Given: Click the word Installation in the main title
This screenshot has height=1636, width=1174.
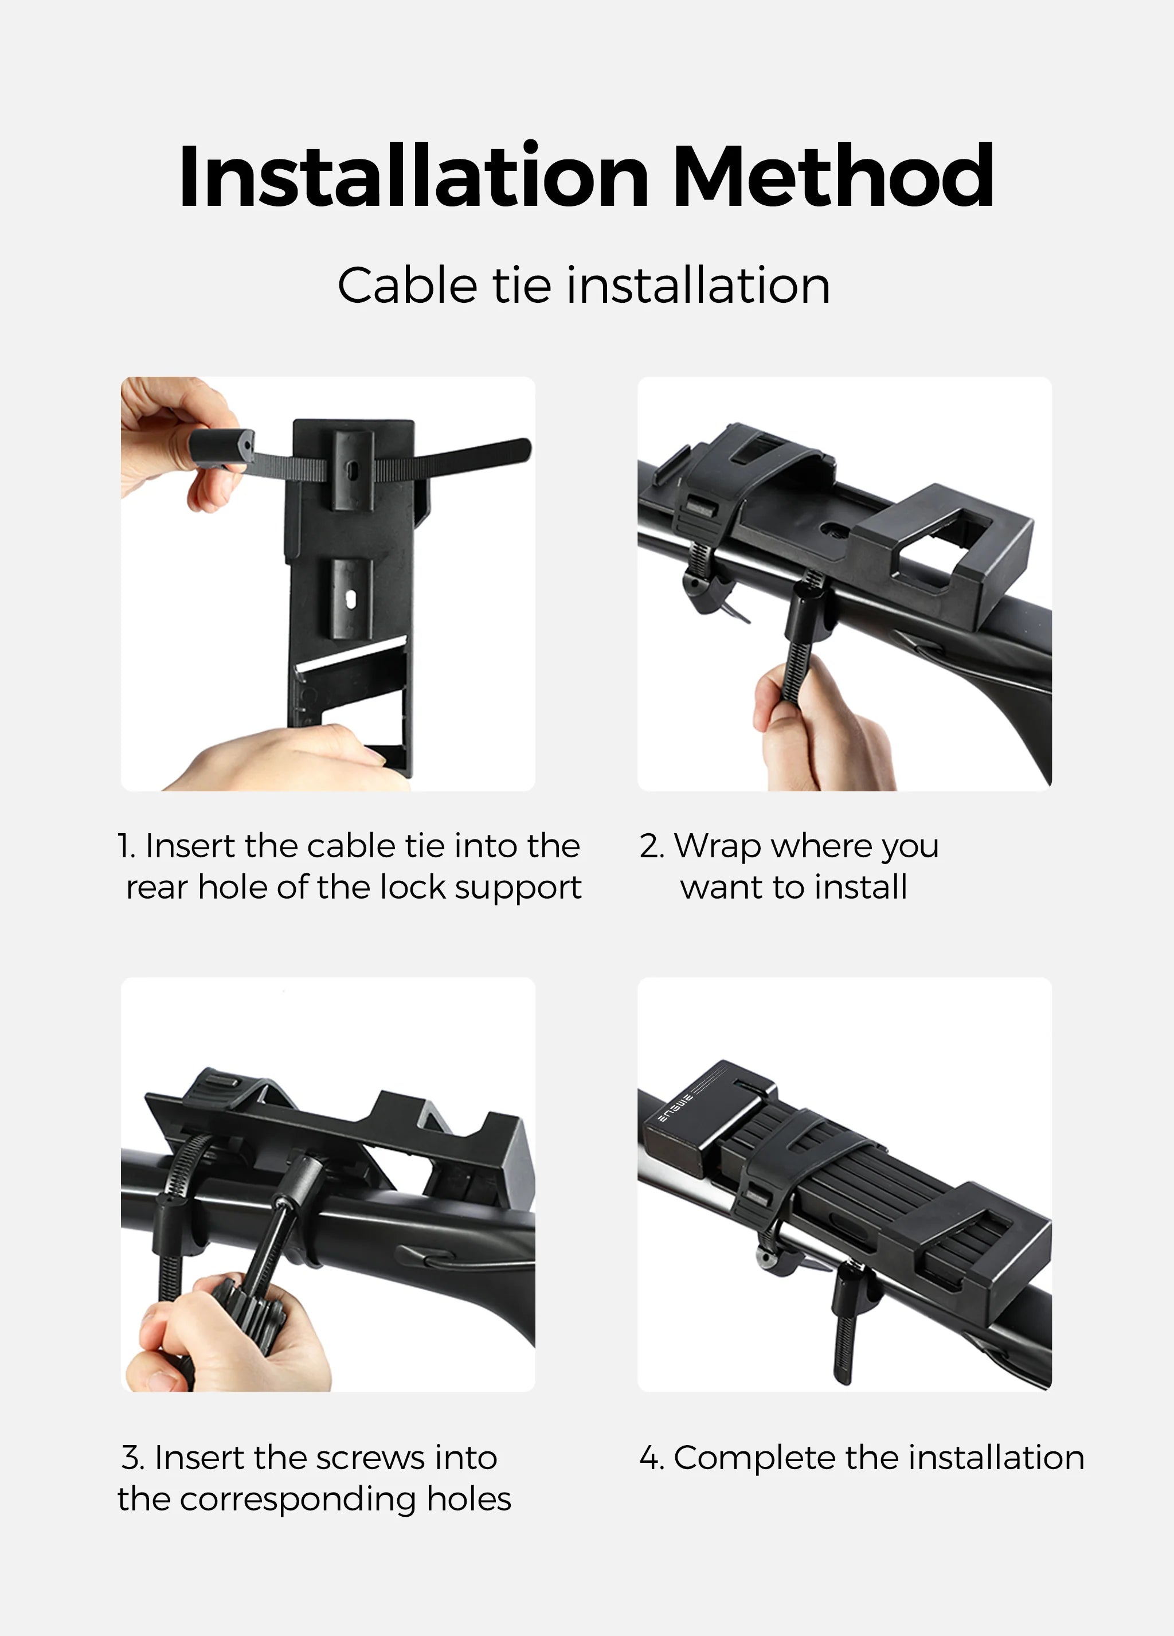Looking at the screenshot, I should click(x=413, y=177).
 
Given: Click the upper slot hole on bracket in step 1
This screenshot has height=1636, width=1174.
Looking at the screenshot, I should click(x=352, y=469).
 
